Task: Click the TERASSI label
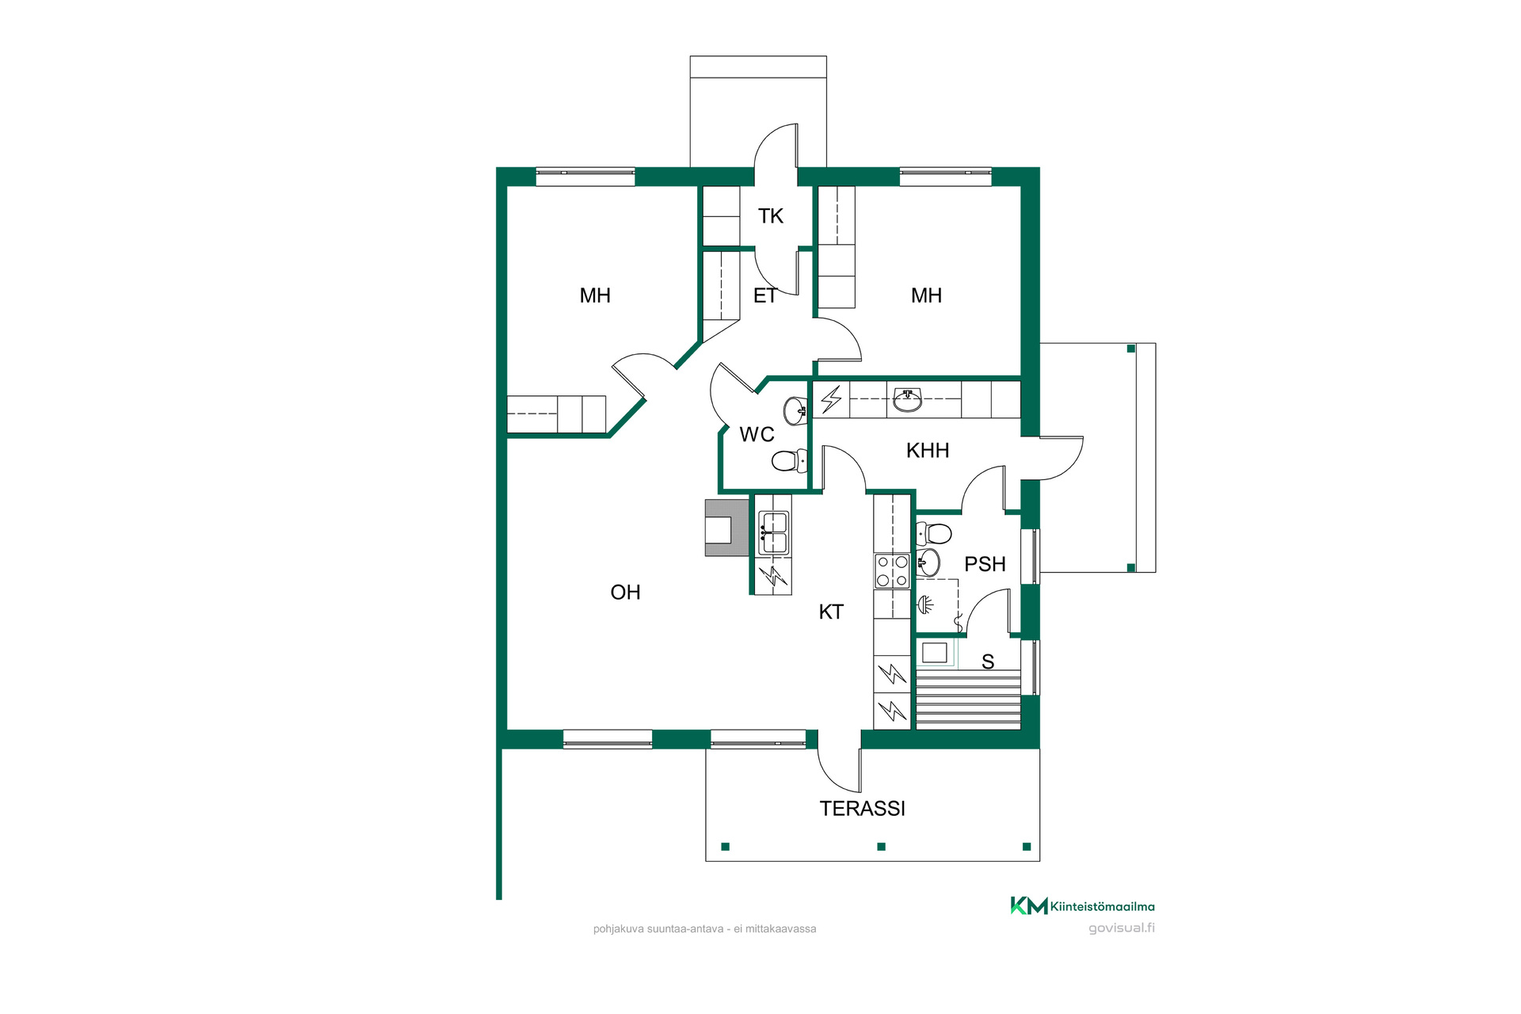pyautogui.click(x=862, y=808)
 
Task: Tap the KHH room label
pyautogui.click(x=928, y=451)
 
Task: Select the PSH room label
pyautogui.click(x=985, y=564)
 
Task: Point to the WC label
pyautogui.click(x=757, y=434)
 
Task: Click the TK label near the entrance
pyautogui.click(x=770, y=215)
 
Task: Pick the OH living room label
pyautogui.click(x=625, y=592)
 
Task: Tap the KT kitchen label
pyautogui.click(x=831, y=612)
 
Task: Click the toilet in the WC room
pyautogui.click(x=789, y=459)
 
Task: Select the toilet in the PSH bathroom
pyautogui.click(x=934, y=533)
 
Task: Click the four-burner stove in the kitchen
pyautogui.click(x=893, y=571)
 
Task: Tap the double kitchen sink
pyautogui.click(x=773, y=532)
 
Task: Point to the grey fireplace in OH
pyautogui.click(x=726, y=528)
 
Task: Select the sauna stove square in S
pyautogui.click(x=935, y=653)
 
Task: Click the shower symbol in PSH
pyautogui.click(x=926, y=605)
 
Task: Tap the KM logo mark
pyautogui.click(x=1029, y=905)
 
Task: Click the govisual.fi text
pyautogui.click(x=1122, y=928)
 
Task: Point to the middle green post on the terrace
pyautogui.click(x=881, y=846)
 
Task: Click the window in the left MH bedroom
pyautogui.click(x=585, y=177)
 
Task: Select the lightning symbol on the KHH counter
pyautogui.click(x=831, y=399)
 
